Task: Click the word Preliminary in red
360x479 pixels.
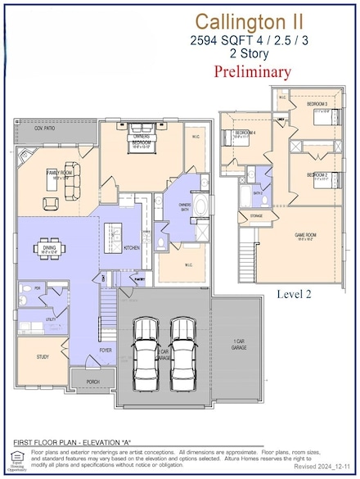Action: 252,71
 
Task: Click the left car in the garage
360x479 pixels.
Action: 146,352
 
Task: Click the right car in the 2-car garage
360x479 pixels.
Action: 183,352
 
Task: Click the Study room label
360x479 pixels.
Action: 43,357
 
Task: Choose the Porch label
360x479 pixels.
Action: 92,380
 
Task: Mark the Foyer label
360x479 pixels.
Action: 106,349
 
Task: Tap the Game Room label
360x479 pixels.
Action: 306,235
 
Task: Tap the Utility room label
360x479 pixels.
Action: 51,319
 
